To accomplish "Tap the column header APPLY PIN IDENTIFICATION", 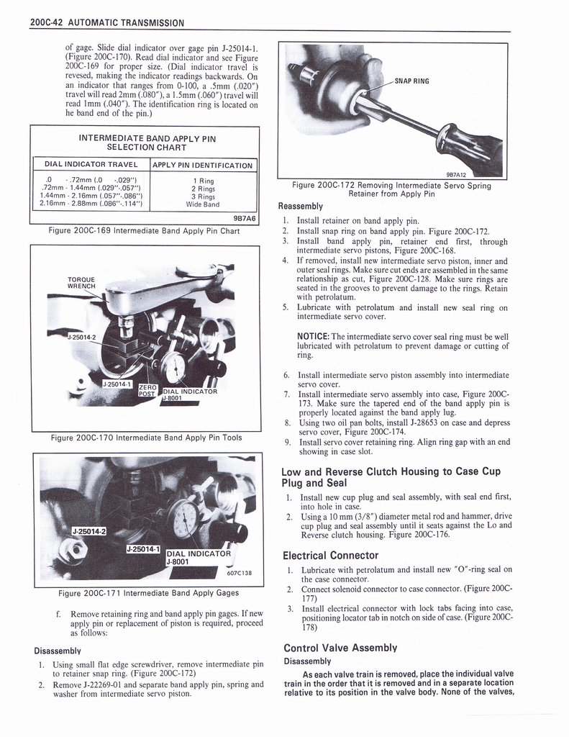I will point(203,166).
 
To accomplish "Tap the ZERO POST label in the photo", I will point(147,389).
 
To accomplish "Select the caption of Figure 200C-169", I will point(144,230).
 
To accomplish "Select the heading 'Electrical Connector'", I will point(330,555).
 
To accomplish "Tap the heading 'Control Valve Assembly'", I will point(340,647).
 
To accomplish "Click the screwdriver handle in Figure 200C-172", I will point(475,152).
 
